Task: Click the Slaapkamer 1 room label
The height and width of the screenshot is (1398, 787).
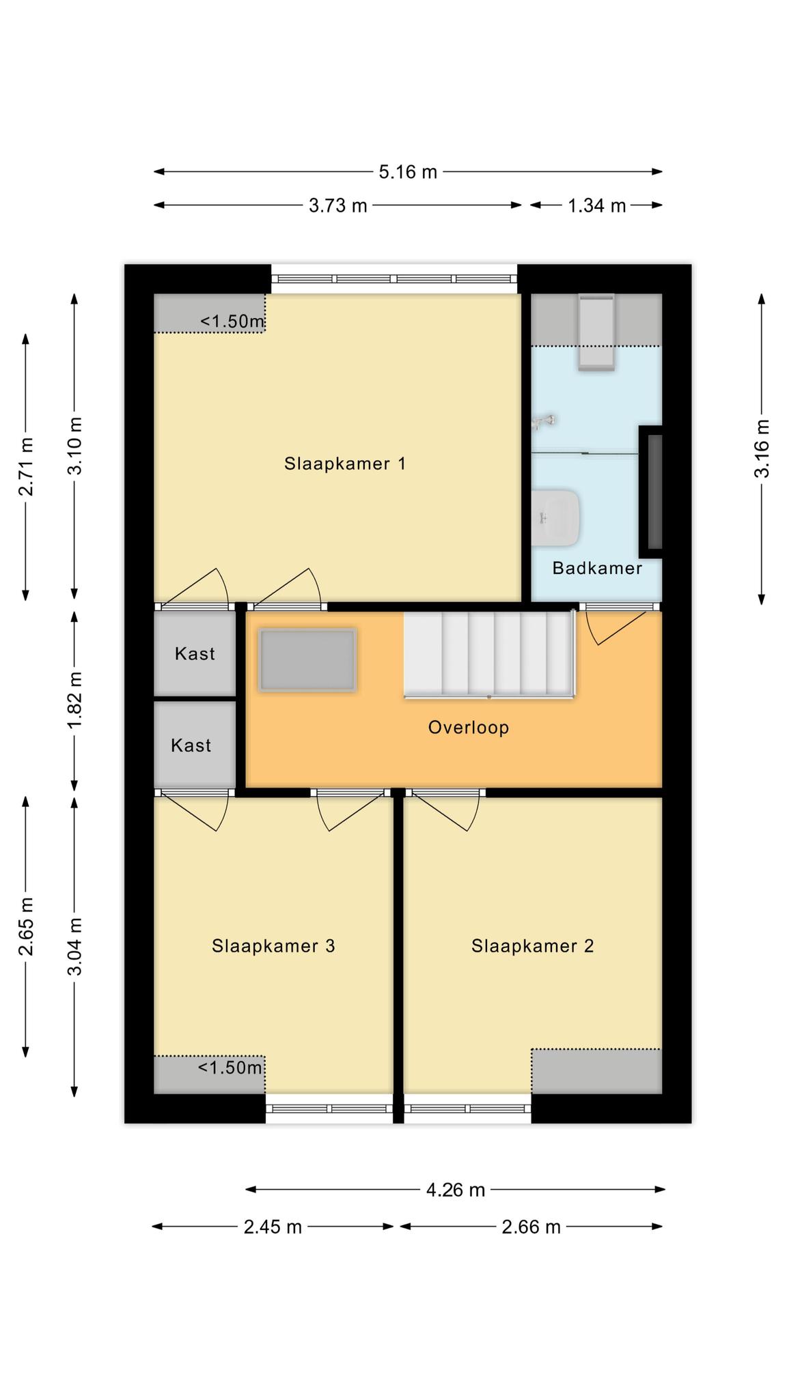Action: tap(345, 464)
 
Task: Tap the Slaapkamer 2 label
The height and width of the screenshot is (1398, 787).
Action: tap(532, 946)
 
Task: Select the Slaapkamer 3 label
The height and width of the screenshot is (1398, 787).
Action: tap(273, 946)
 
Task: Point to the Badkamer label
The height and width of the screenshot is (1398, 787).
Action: tap(597, 568)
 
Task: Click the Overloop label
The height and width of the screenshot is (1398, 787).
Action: tap(469, 728)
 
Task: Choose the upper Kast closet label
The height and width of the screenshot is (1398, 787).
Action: tap(195, 654)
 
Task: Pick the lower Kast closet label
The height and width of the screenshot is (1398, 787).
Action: tap(191, 745)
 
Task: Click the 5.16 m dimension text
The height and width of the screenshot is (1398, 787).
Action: tap(408, 172)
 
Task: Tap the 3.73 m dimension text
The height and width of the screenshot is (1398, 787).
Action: tap(338, 205)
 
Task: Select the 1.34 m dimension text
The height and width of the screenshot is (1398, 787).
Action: tap(597, 205)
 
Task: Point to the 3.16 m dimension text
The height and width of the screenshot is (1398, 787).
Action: tap(762, 448)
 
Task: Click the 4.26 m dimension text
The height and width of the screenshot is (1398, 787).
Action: tap(456, 1190)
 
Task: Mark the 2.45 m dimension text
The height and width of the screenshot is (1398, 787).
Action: tap(273, 1227)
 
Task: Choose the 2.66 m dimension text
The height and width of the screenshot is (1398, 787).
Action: tap(531, 1227)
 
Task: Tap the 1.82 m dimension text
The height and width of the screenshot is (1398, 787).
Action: tap(74, 699)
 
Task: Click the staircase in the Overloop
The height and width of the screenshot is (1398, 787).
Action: tap(489, 654)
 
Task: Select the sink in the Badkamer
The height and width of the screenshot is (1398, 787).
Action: tap(556, 517)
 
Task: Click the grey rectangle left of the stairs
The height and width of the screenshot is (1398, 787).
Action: tap(308, 660)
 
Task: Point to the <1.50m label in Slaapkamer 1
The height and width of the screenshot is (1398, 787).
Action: tap(232, 321)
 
